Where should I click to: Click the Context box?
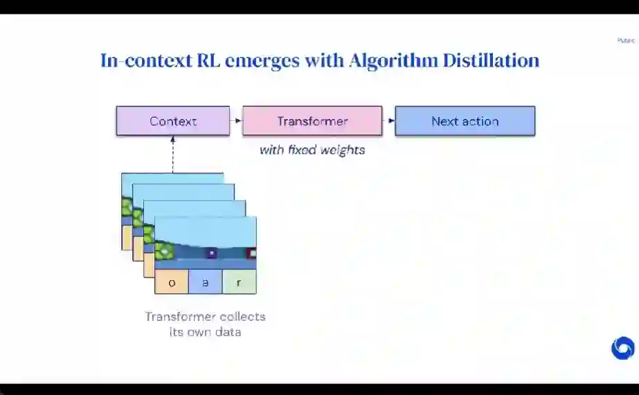coord(172,121)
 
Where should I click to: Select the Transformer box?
coord(312,121)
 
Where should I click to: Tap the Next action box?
coord(465,121)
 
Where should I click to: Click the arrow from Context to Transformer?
coord(236,121)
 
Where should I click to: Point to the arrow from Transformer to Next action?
coord(388,121)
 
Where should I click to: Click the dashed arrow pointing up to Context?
coord(172,154)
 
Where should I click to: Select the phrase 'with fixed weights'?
coord(312,149)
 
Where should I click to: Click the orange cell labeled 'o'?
coord(172,282)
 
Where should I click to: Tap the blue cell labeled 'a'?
coord(206,282)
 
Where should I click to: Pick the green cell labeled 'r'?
coord(240,282)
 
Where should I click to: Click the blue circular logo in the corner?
coord(622,348)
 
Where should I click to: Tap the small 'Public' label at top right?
coord(625,41)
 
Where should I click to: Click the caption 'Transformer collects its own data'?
coord(205,324)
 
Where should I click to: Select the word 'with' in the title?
coord(324,60)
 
